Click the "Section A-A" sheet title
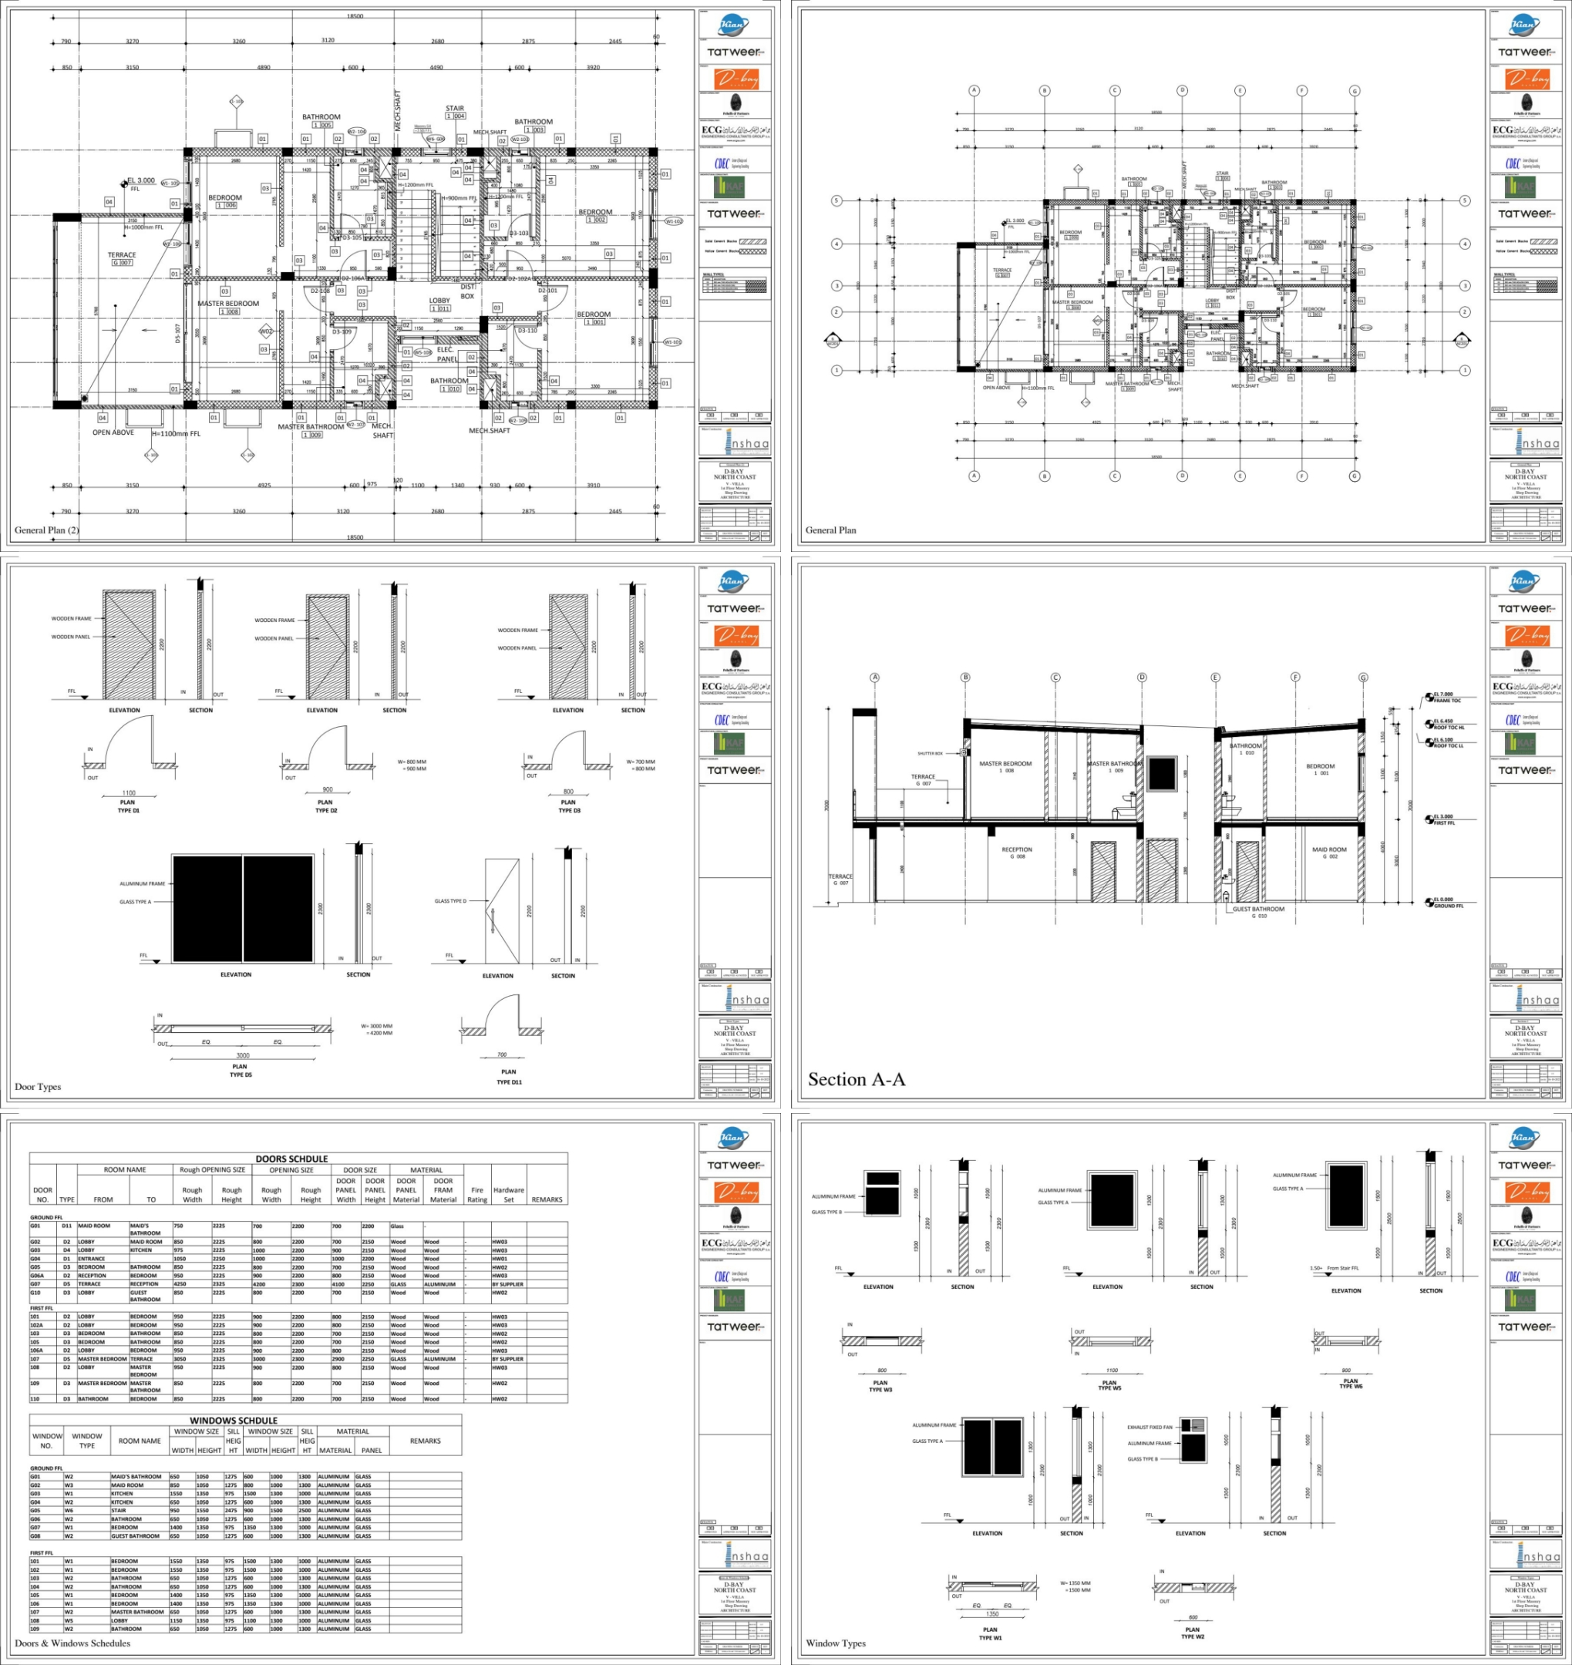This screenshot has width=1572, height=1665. coord(856,1079)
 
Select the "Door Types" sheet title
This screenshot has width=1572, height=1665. coord(38,1087)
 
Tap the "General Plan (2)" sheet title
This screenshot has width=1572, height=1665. coord(46,530)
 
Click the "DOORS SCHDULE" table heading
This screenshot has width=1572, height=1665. coord(291,1159)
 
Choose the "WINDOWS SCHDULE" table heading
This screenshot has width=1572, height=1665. coord(233,1421)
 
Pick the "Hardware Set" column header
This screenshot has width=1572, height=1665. coord(508,1194)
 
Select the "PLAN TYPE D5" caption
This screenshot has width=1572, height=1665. coord(241,1070)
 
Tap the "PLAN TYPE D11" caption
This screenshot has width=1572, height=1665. coord(509,1077)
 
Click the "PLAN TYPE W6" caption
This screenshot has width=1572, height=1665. coord(1350,1384)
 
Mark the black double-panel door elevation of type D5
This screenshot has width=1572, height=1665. coord(242,909)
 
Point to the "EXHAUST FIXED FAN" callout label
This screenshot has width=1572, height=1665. coord(1149,1427)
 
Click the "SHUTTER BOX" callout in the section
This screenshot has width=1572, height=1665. coord(929,753)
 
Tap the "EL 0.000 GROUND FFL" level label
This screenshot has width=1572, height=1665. coord(1447,903)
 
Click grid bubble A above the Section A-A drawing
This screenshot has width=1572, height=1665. coord(875,677)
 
